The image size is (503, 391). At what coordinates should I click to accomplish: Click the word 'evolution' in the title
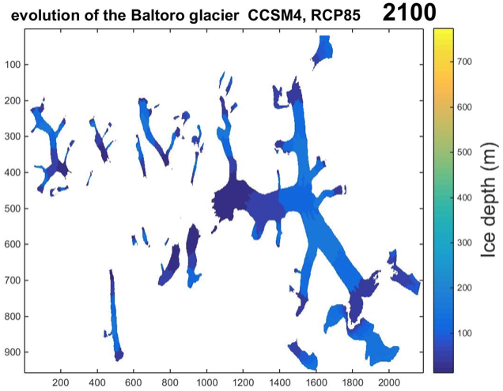click(39, 13)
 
